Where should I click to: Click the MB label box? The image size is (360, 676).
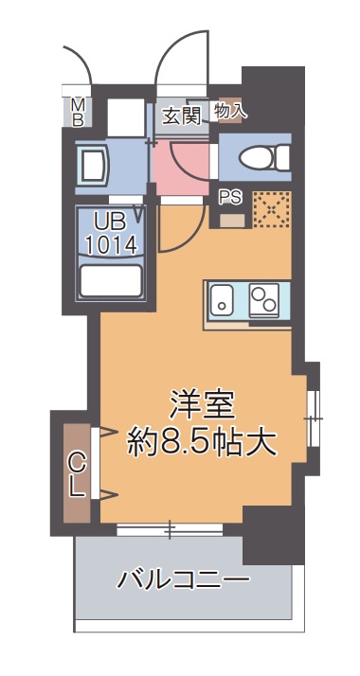pos(79,112)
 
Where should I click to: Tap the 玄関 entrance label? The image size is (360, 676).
pos(180,115)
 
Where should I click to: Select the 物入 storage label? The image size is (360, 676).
pos(230,111)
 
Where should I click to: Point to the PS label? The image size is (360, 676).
pos(230,198)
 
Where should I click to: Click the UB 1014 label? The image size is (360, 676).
pos(111,233)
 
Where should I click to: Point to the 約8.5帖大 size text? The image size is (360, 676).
pos(202,442)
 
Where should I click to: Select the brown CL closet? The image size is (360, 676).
pos(78,473)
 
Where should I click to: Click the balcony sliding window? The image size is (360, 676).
pos(171,528)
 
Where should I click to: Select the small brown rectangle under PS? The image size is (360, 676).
pos(232,221)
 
